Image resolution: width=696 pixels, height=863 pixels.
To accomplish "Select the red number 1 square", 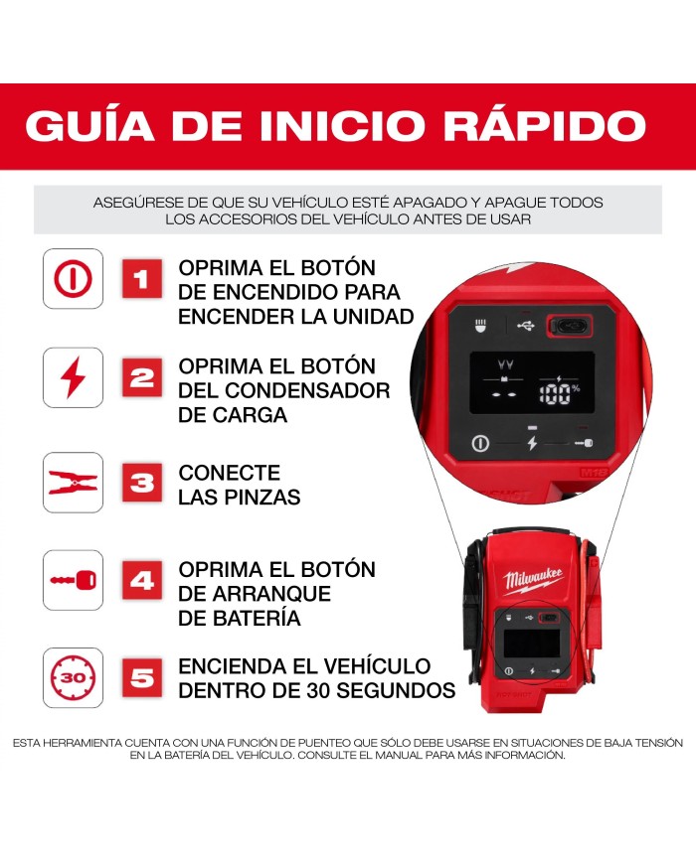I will [x=142, y=279].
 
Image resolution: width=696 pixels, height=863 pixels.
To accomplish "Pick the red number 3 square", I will [x=142, y=484].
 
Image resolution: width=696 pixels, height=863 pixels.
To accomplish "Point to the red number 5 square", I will [x=142, y=678].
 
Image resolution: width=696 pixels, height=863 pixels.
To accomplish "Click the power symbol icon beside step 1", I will [x=73, y=279].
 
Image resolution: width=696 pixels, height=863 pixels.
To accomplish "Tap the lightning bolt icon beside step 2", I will [x=73, y=377].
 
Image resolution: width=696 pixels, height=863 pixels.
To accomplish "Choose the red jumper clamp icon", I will [x=73, y=484].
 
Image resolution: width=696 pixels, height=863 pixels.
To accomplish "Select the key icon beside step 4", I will [x=73, y=580].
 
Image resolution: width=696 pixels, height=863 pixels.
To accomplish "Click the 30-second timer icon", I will [x=73, y=678].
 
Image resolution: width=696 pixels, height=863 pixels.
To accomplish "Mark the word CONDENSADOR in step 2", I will [x=284, y=390].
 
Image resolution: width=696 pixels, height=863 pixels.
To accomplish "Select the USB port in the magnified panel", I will [x=569, y=325].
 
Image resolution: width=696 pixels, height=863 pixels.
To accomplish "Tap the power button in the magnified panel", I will [x=479, y=442].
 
